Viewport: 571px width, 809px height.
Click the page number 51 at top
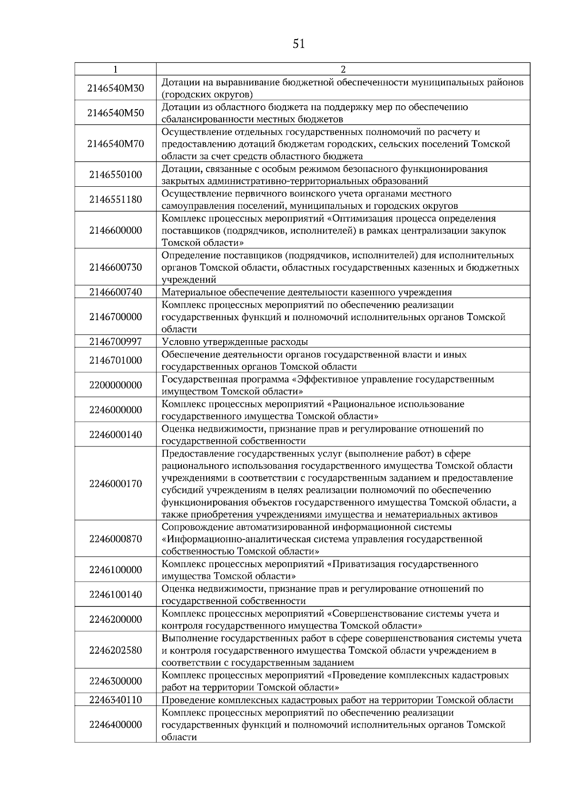[298, 44]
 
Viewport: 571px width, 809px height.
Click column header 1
[116, 69]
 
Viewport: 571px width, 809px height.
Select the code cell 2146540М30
[116, 88]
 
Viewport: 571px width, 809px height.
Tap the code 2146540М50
[116, 113]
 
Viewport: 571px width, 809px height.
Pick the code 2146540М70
[116, 144]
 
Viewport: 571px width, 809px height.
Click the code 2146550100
[116, 175]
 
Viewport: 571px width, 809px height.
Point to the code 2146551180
[116, 200]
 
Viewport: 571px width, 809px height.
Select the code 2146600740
[116, 292]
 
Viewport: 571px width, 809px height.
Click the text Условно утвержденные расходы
[235, 342]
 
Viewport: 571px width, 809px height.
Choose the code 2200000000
[116, 385]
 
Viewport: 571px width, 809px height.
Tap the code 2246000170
[116, 484]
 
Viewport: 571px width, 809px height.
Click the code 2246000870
[116, 539]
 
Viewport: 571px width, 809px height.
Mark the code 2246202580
[116, 650]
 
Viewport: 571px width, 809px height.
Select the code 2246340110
[116, 700]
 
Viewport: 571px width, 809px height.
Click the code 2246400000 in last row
[116, 725]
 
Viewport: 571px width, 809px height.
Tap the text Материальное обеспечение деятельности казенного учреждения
[307, 292]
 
